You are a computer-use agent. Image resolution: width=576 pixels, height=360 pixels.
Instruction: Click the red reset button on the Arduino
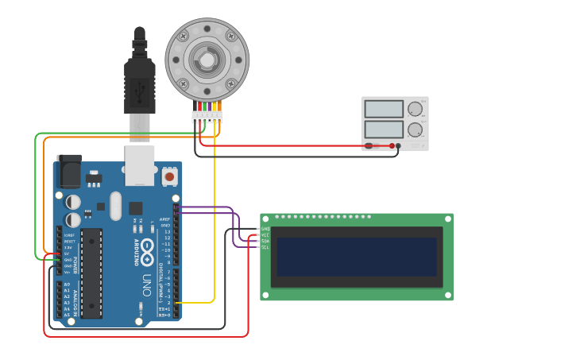tap(169, 175)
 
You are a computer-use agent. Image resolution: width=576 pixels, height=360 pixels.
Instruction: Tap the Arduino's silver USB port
tap(139, 165)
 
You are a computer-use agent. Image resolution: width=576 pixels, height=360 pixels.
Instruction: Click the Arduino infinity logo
tap(148, 252)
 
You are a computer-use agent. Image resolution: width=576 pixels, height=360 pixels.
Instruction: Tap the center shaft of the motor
tap(207, 60)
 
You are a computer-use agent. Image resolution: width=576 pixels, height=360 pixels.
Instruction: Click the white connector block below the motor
tap(207, 117)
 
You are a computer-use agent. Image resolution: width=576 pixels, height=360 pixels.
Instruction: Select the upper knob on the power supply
tap(415, 109)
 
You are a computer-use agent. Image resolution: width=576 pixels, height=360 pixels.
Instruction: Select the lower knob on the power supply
tap(415, 130)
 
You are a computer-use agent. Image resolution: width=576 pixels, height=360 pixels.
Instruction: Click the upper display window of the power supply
tap(384, 109)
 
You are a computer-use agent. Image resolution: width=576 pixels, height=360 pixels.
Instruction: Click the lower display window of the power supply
tap(384, 129)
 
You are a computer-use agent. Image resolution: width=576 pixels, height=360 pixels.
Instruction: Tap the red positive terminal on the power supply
tap(392, 145)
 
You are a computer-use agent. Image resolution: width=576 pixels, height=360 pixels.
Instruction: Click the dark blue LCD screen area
tap(356, 257)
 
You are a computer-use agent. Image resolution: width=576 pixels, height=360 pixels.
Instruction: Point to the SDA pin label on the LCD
tap(265, 241)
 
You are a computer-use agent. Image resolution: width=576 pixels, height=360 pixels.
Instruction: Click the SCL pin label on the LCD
tap(265, 247)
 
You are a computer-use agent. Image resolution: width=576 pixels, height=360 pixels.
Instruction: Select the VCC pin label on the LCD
tap(265, 234)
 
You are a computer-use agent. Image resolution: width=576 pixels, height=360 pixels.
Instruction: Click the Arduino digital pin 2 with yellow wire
tap(176, 303)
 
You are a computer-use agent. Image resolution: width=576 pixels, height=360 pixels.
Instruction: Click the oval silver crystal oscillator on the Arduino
tap(116, 206)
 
